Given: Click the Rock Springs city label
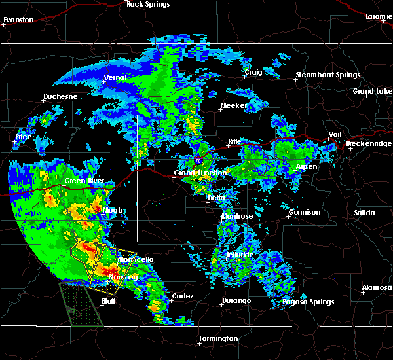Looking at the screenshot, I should coord(148,5).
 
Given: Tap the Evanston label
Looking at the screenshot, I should coord(18,20).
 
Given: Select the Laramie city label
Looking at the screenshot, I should coord(379,16).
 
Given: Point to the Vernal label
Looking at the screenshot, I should coord(115,78).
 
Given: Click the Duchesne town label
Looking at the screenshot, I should coord(60,97).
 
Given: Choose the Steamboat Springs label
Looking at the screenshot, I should coord(328,75).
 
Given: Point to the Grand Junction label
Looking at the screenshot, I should coord(200,173).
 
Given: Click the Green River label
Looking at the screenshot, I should coord(81,181).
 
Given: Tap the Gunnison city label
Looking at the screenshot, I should coord(305,212).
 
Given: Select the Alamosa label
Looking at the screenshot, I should coord(377,288).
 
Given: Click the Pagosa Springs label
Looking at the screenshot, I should coord(308,302).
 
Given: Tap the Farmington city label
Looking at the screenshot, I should coord(218,338).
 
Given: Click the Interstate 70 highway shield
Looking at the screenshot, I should coord(198,160).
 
